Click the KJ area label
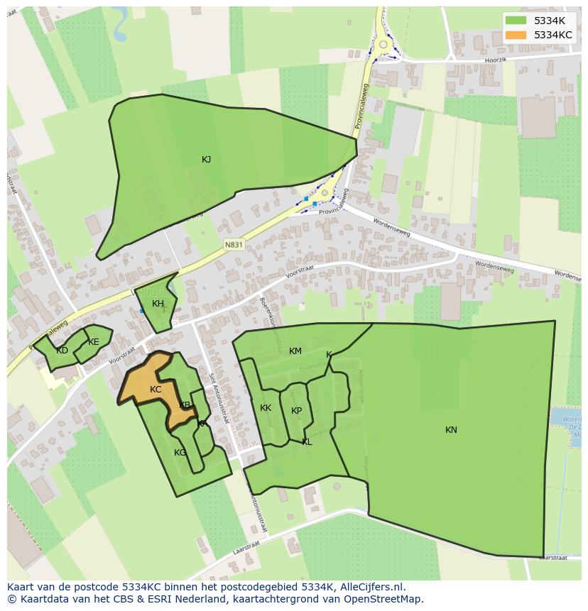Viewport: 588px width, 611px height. pyautogui.click(x=206, y=160)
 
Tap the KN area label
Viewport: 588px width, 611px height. pyautogui.click(x=451, y=430)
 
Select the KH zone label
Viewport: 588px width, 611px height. pyautogui.click(x=158, y=304)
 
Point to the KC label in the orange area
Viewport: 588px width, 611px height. pyautogui.click(x=156, y=390)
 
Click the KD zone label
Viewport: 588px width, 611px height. pyautogui.click(x=62, y=351)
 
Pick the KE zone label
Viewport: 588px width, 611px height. pyautogui.click(x=94, y=342)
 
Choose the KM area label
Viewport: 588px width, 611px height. pyautogui.click(x=295, y=351)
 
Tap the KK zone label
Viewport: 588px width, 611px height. pyautogui.click(x=266, y=408)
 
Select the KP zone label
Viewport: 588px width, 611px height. pyautogui.click(x=296, y=411)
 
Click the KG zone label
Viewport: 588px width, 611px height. pyautogui.click(x=180, y=453)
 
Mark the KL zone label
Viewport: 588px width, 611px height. pyautogui.click(x=307, y=442)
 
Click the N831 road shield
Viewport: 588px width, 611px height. pyautogui.click(x=234, y=245)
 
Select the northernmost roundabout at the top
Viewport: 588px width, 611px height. pyautogui.click(x=383, y=45)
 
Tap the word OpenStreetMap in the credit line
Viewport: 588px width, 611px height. pyautogui.click(x=383, y=599)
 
